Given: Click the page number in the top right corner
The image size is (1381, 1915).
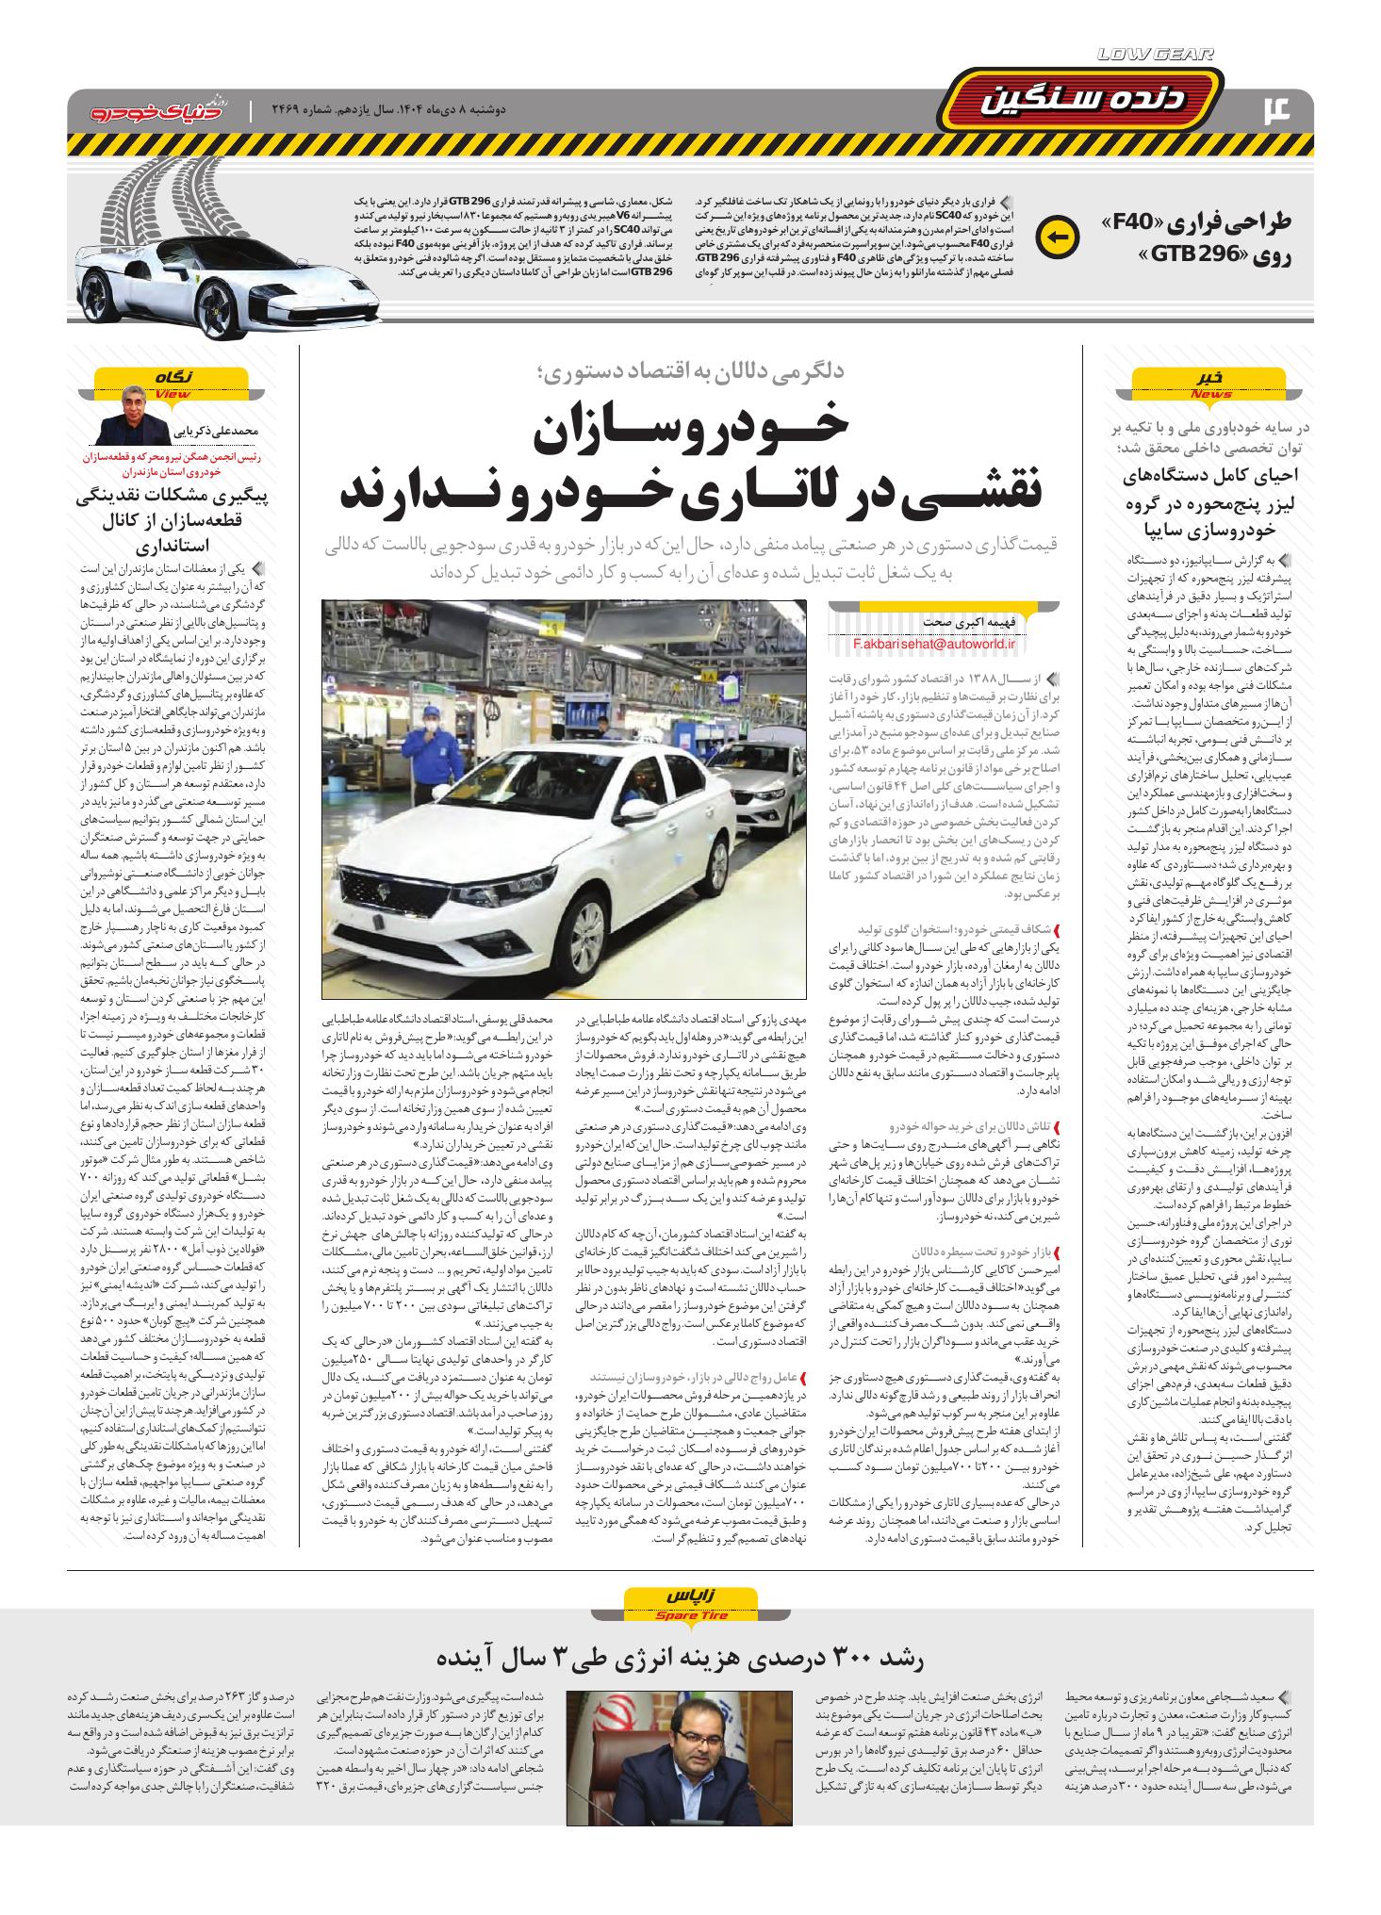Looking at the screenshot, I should (1286, 110).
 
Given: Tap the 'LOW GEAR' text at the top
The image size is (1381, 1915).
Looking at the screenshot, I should (1156, 55).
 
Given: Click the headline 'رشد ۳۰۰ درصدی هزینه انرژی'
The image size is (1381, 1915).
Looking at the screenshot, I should (690, 1656).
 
